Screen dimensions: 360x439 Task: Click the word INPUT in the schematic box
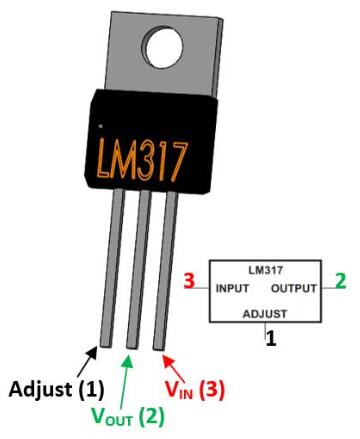click(237, 288)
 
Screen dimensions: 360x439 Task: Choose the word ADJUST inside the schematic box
click(265, 312)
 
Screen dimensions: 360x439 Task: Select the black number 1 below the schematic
click(270, 338)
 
